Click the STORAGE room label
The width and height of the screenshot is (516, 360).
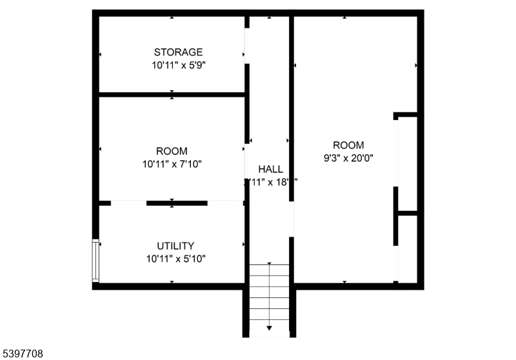tap(178, 52)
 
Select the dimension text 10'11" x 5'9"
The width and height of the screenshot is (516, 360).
tap(178, 65)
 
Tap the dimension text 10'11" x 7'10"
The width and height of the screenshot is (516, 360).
tap(172, 164)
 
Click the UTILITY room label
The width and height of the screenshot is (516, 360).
tap(175, 246)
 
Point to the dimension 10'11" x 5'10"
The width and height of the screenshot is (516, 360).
tap(175, 259)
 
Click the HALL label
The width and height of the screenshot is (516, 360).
tap(271, 169)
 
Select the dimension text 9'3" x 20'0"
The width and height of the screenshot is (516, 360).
tap(348, 157)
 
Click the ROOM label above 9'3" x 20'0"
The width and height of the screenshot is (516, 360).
tap(348, 145)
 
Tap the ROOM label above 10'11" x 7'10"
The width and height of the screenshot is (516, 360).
tap(172, 152)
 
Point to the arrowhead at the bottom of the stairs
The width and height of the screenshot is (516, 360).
tap(270, 328)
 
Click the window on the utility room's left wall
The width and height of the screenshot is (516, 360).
tap(95, 260)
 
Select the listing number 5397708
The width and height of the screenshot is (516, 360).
tap(23, 354)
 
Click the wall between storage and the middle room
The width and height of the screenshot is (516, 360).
tap(172, 95)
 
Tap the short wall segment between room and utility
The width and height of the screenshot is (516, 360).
tap(176, 203)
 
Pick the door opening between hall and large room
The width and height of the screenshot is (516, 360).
tap(292, 219)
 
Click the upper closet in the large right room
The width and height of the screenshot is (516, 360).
tap(408, 165)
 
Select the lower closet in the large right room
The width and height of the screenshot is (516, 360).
tap(408, 248)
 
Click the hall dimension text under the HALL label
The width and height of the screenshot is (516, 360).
tap(271, 182)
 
